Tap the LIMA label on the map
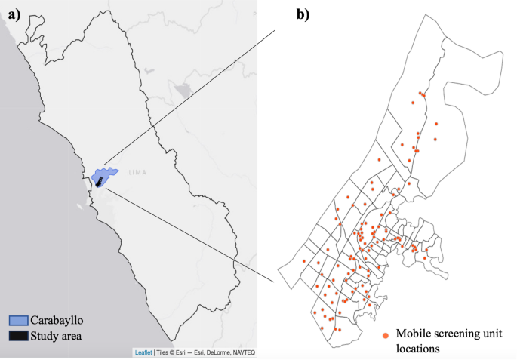137,173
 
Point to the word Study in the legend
49,336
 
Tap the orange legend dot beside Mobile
386,334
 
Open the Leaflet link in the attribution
143,352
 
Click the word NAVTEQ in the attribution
242,352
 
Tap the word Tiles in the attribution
163,352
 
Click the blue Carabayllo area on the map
106,175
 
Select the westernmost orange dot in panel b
303,261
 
